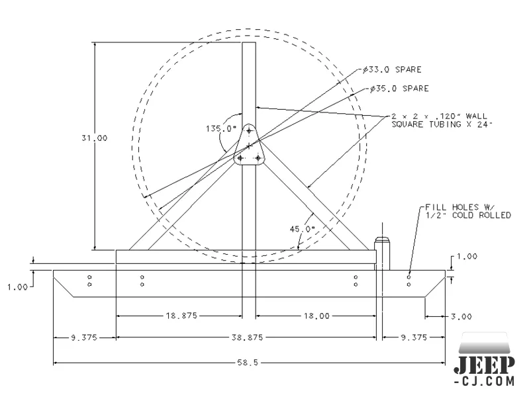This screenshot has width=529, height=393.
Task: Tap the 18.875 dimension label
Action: pyautogui.click(x=178, y=316)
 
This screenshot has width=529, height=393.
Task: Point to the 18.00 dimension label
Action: pyautogui.click(x=316, y=316)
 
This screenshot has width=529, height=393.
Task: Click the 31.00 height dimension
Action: pyautogui.click(x=95, y=138)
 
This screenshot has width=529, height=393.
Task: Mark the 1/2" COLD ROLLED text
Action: pyautogui.click(x=467, y=215)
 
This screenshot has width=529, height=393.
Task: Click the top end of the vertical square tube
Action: pyautogui.click(x=248, y=45)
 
